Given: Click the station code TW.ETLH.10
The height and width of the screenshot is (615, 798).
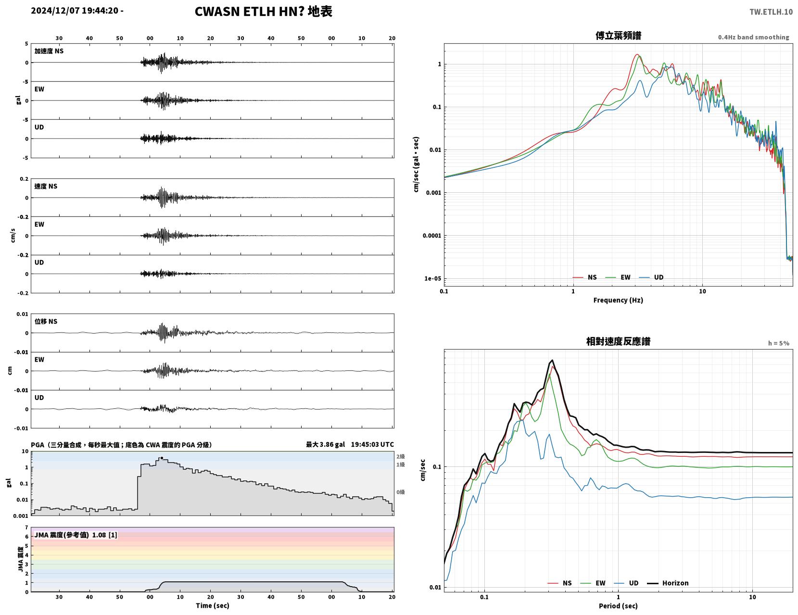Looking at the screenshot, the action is (771, 12).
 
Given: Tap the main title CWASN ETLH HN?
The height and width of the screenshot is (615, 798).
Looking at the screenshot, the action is (249, 12).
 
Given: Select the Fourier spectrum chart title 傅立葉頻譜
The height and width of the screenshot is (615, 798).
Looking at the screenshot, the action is (618, 36).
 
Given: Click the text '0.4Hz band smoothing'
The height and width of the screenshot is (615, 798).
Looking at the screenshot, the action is (754, 37).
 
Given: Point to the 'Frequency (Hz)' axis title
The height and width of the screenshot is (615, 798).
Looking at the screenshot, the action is (618, 300).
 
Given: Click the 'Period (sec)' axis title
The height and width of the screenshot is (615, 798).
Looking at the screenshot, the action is (618, 605).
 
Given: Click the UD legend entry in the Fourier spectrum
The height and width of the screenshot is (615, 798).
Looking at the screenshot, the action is (651, 277).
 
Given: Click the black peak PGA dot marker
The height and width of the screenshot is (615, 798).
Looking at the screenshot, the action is (162, 458).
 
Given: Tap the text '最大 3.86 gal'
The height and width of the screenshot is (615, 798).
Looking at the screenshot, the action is (325, 444).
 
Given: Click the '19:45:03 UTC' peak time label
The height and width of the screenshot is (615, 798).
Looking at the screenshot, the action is (372, 444).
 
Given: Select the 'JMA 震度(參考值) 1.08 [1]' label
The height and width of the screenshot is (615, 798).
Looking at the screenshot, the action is (76, 535).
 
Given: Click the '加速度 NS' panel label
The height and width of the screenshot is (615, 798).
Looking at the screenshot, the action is (49, 51).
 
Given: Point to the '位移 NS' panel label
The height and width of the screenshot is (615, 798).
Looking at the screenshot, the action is (46, 321).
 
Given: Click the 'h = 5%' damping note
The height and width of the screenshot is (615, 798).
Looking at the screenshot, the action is (779, 343).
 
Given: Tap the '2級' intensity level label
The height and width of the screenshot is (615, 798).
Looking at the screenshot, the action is (400, 456).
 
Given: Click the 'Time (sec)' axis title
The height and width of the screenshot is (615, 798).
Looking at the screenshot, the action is (212, 605).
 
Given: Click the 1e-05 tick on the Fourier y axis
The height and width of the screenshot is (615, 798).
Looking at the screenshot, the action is (432, 278).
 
